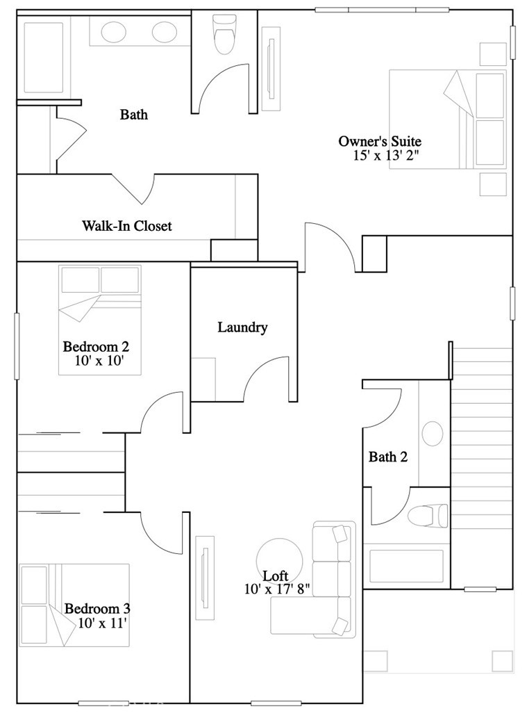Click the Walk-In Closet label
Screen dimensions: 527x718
(x=127, y=226)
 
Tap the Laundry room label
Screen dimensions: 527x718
(x=242, y=327)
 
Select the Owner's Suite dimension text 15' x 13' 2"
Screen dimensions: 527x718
(x=385, y=155)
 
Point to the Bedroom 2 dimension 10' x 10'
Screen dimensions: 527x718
(x=100, y=360)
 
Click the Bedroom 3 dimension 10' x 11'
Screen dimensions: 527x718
(x=102, y=623)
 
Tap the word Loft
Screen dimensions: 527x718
(x=276, y=576)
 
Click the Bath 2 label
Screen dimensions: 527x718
(x=388, y=457)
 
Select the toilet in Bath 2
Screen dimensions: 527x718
(x=428, y=516)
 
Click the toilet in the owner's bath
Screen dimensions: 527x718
(x=224, y=34)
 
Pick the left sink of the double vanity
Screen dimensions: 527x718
(x=113, y=32)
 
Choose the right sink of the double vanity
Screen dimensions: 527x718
(x=165, y=32)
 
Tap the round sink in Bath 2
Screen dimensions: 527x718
(x=433, y=433)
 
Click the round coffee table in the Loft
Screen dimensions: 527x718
(x=279, y=560)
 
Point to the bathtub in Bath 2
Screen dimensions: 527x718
(x=406, y=566)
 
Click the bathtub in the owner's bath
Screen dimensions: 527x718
(x=44, y=57)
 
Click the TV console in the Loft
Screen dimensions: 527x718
(x=205, y=578)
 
